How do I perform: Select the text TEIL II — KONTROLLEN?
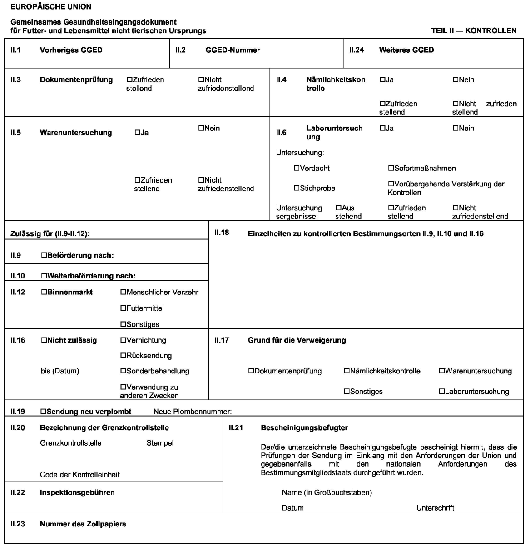(x=474, y=31)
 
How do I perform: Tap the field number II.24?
(x=356, y=50)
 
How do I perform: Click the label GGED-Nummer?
(x=233, y=50)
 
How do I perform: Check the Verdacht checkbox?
(x=297, y=169)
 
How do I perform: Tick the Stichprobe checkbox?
(x=297, y=188)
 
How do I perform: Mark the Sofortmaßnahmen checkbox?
(x=391, y=169)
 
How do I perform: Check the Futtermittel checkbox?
(x=123, y=308)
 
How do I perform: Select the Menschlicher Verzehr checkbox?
(x=123, y=293)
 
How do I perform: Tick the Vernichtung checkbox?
(x=123, y=340)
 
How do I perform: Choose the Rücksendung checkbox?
(x=123, y=356)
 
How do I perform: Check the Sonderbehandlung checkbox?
(x=123, y=371)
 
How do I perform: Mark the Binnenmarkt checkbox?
(x=44, y=293)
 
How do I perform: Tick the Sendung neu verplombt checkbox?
(x=44, y=412)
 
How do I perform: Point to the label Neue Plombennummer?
(x=193, y=412)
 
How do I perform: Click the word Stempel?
(x=160, y=443)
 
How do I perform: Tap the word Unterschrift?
(x=435, y=508)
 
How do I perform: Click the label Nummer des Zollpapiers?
(x=83, y=524)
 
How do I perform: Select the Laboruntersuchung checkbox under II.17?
(x=442, y=392)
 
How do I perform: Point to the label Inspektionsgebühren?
(x=77, y=492)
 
